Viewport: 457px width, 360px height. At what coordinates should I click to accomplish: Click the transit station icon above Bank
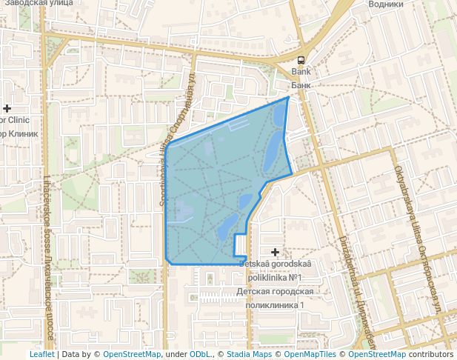[301, 60]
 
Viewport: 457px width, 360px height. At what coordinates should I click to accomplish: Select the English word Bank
[301, 73]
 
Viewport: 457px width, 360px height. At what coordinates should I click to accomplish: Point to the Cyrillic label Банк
[301, 85]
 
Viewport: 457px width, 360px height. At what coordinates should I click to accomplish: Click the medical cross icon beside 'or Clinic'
[7, 108]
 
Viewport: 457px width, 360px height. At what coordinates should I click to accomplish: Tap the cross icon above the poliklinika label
[276, 253]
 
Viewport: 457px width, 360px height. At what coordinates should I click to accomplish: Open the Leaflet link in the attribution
[41, 354]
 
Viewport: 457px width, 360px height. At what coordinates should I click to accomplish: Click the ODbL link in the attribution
[200, 354]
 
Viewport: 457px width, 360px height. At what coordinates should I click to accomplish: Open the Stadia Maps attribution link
[249, 354]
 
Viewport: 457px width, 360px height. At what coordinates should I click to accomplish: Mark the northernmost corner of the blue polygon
[288, 97]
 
